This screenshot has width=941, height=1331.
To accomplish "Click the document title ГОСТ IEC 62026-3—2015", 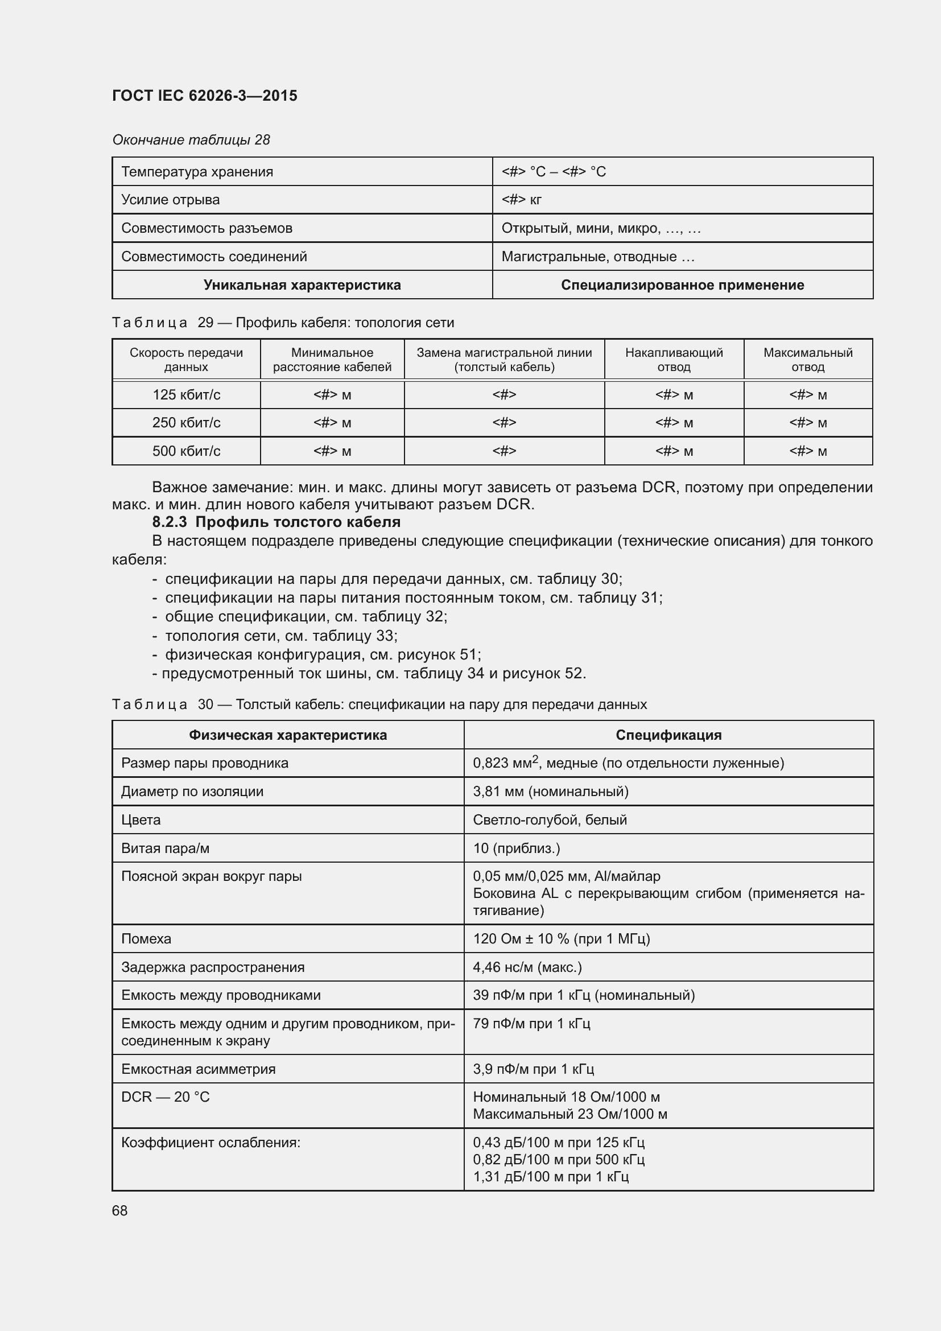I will [205, 96].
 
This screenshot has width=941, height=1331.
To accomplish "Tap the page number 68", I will [120, 1210].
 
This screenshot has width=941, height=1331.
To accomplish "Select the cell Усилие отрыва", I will [170, 199].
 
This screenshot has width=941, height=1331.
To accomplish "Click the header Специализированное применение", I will [682, 285].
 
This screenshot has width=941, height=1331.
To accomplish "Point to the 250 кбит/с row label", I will [186, 423].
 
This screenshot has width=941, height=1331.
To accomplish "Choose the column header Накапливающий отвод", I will [673, 360].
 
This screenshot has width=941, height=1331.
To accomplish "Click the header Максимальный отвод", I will [808, 360].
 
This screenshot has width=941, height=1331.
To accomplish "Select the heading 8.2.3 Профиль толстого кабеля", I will [276, 522].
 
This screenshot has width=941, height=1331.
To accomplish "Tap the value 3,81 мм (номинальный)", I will [551, 792].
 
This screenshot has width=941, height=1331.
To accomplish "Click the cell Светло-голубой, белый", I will [550, 819].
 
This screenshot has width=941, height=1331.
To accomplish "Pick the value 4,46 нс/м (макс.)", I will [527, 967].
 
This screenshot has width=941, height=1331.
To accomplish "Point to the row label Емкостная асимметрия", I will [198, 1069].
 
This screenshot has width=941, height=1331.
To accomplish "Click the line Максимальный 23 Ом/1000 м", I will [569, 1114].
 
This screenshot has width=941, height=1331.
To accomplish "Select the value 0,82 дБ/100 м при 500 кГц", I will [559, 1159].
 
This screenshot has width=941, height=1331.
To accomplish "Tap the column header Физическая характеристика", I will [287, 735].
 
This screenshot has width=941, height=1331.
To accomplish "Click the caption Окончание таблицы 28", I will [191, 140].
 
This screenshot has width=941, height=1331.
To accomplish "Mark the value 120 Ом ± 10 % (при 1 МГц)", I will [562, 938].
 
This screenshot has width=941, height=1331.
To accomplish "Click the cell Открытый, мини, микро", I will [601, 228].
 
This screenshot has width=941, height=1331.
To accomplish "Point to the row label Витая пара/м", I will [165, 848].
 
